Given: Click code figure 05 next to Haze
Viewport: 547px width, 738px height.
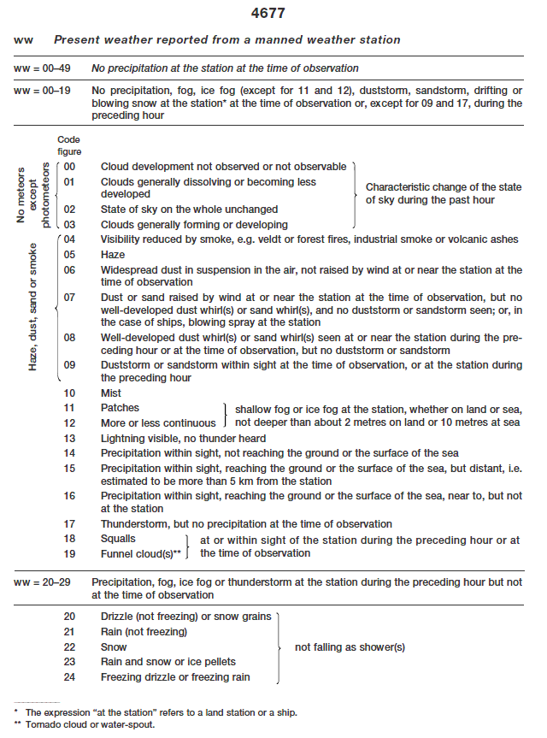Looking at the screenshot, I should pos(70,255).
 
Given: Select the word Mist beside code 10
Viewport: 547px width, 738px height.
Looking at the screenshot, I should pos(111,393).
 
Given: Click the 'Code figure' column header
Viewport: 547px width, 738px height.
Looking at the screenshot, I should pos(70,146).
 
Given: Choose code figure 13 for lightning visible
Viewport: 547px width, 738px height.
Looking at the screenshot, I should pos(70,438).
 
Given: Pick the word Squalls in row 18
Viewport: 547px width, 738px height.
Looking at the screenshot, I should pos(118,539).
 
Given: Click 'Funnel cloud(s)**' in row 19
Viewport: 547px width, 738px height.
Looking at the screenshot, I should pos(141,553).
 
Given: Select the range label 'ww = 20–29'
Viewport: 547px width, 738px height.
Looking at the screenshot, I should pos(44,582).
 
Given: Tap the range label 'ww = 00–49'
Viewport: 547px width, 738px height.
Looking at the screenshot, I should pos(44,68).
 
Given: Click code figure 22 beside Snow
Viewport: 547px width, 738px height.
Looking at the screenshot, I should pos(70,647).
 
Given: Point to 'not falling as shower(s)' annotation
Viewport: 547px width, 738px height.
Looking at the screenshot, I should pos(350,647).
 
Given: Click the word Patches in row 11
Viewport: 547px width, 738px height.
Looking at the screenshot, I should pos(120,408).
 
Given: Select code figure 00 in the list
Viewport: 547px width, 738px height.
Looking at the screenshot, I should pos(70,167).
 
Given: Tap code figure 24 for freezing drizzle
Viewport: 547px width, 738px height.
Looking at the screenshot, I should pos(70,677).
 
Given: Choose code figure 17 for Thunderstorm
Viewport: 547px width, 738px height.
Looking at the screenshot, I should pos(70,524).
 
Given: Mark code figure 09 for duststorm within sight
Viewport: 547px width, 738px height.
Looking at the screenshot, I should pos(70,365).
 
